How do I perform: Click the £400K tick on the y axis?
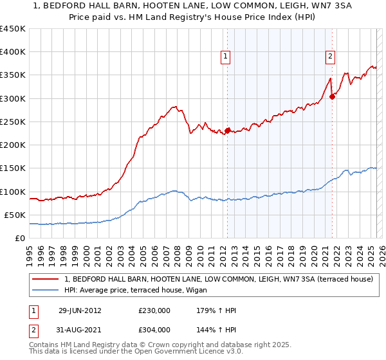tap(13, 52)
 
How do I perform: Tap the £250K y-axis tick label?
tap(13, 122)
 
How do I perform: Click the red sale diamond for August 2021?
tap(332, 96)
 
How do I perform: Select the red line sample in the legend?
tap(46, 279)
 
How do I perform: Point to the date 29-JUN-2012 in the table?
tap(80, 310)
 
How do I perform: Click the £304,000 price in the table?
tap(154, 329)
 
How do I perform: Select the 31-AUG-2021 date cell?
tap(80, 329)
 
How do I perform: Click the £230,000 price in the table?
tap(154, 310)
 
